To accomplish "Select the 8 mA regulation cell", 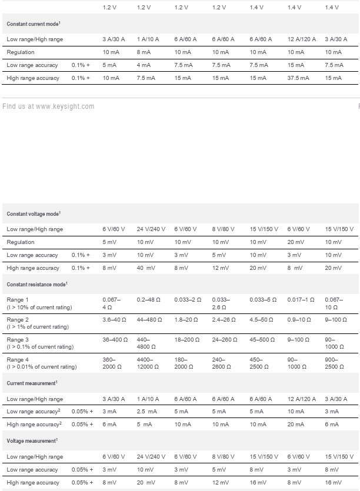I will (144, 52).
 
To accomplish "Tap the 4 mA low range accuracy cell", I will (144, 65).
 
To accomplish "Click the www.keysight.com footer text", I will (65, 106).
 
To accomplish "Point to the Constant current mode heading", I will (34, 24).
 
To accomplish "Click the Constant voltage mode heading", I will (34, 214).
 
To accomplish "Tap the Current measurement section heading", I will (32, 383).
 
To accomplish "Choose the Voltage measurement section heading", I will (32, 440).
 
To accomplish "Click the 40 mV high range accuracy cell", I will (145, 268).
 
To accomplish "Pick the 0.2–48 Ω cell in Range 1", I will (149, 300).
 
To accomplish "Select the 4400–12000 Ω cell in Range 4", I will (148, 363).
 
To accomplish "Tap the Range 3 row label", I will (18, 340).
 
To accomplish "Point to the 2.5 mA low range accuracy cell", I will (146, 412).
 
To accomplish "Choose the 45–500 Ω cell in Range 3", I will (261, 340).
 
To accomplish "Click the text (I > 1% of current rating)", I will (38, 327).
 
